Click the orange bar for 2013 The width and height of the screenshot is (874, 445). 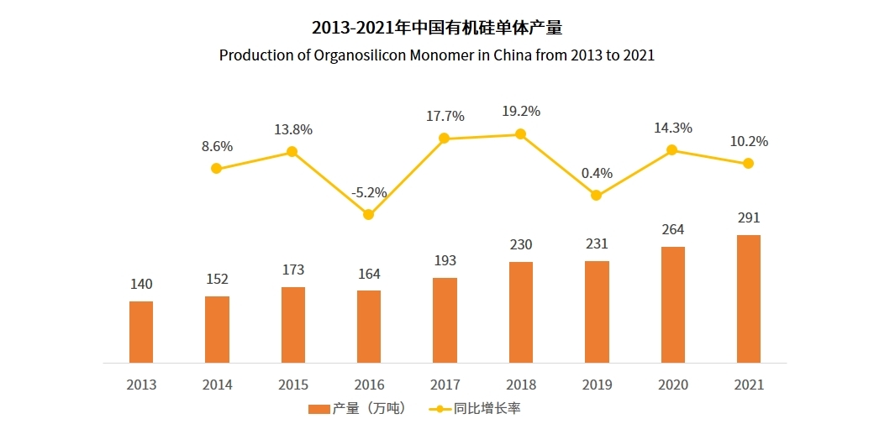(141, 332)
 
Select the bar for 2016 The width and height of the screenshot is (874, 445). (369, 327)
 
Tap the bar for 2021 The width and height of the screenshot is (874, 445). (748, 299)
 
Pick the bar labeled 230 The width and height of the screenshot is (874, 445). (521, 312)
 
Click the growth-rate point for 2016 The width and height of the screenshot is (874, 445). (368, 214)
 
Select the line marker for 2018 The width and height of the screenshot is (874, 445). (521, 133)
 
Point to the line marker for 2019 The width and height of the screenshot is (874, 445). (596, 195)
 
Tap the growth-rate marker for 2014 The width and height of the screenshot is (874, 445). (217, 168)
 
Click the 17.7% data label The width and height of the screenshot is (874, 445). (445, 116)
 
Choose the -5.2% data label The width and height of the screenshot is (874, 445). (369, 192)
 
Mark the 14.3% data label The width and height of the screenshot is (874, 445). (672, 128)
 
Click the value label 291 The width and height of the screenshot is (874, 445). (748, 218)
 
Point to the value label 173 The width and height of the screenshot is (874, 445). (293, 270)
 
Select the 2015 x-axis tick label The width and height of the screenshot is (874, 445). (293, 385)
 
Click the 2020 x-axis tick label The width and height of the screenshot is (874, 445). (672, 385)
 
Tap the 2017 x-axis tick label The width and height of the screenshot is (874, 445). (445, 385)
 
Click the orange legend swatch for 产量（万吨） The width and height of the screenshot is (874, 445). (319, 409)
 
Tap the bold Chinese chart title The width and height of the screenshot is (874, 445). (436, 27)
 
